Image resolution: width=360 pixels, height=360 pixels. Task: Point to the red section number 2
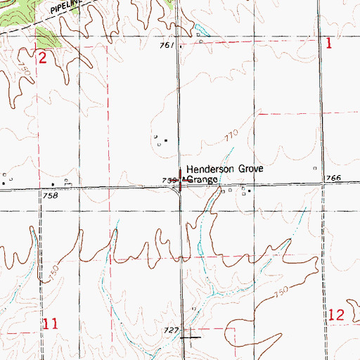(42, 58)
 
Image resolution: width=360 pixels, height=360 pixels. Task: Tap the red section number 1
(328, 44)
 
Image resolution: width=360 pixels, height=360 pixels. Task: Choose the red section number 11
(49, 323)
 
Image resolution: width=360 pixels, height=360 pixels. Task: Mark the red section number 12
(335, 314)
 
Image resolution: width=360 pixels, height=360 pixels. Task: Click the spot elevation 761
(166, 46)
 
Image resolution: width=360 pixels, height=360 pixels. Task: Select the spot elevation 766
(333, 179)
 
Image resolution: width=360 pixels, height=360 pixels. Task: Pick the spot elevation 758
(49, 195)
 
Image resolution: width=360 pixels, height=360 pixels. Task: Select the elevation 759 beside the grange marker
(169, 181)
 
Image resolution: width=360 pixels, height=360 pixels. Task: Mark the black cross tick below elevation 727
(188, 337)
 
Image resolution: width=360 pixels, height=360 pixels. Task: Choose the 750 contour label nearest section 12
(281, 292)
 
